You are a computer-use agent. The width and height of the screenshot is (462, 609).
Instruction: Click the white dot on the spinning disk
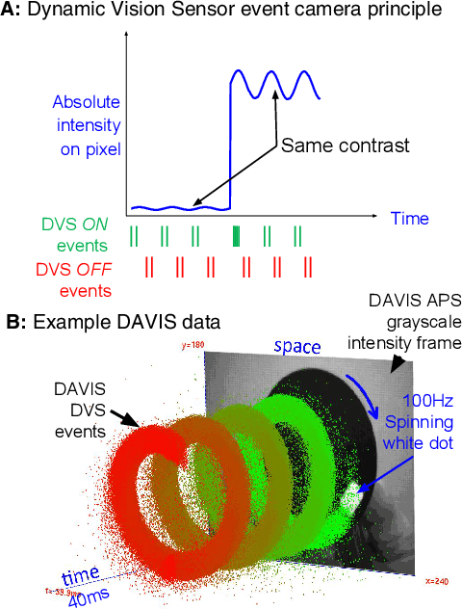(x=350, y=495)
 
